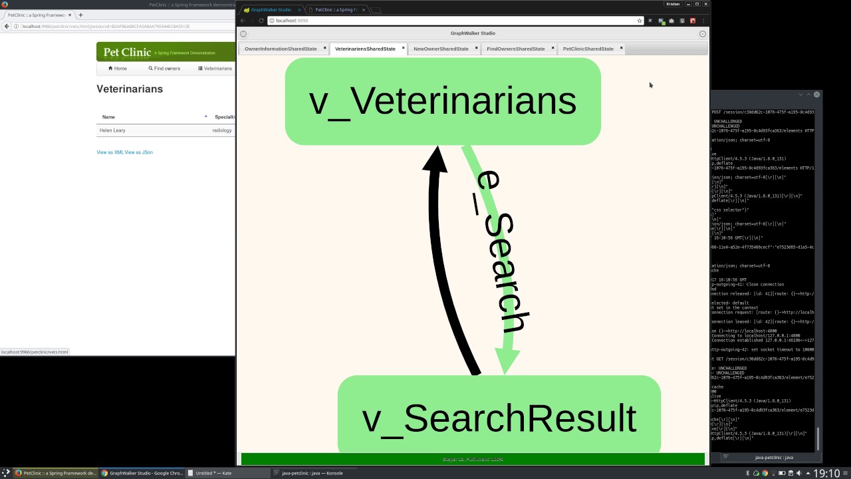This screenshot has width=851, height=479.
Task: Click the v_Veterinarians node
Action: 443,101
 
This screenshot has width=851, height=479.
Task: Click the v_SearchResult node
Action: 499,418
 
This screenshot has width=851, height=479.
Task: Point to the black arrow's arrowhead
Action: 435,160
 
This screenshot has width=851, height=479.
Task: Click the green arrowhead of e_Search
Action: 506,363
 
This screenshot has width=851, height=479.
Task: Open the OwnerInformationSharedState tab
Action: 281,49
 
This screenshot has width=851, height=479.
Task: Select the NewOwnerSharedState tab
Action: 441,49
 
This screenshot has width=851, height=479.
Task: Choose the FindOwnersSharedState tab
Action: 515,49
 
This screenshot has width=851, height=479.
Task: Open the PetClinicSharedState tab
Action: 588,49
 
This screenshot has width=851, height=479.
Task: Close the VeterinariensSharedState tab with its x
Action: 404,48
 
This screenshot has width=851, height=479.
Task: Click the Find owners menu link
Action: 164,69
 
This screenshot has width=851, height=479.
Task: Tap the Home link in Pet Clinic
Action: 118,69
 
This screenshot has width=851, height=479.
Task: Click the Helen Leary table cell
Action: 112,130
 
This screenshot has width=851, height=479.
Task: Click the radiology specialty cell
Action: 222,130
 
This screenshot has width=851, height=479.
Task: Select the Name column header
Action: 108,117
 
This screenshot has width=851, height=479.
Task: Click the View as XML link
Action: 110,152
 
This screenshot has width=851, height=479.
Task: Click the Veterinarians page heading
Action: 130,89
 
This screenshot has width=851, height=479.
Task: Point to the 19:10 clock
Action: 826,474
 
